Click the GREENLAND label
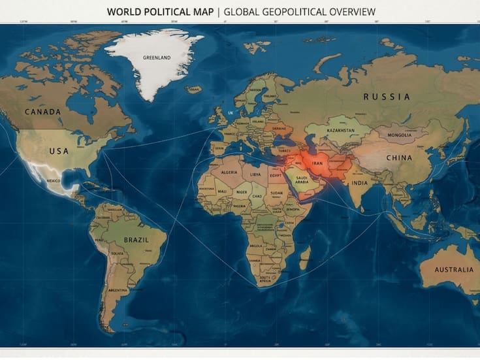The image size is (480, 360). [157, 57]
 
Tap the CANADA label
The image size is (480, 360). [43, 112]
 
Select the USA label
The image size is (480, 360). [59, 151]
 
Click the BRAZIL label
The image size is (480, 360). [136, 240]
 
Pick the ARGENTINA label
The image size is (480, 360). [118, 289]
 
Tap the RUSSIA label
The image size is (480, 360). [387, 97]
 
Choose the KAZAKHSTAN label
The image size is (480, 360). [341, 130]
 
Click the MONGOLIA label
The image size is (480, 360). [399, 135]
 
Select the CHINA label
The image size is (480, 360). [399, 157]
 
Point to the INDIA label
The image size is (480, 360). [359, 183]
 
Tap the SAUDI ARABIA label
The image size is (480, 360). [302, 180]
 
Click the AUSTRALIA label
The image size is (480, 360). [454, 269]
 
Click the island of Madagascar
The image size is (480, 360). [304, 258]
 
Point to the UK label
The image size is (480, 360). [230, 113]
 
